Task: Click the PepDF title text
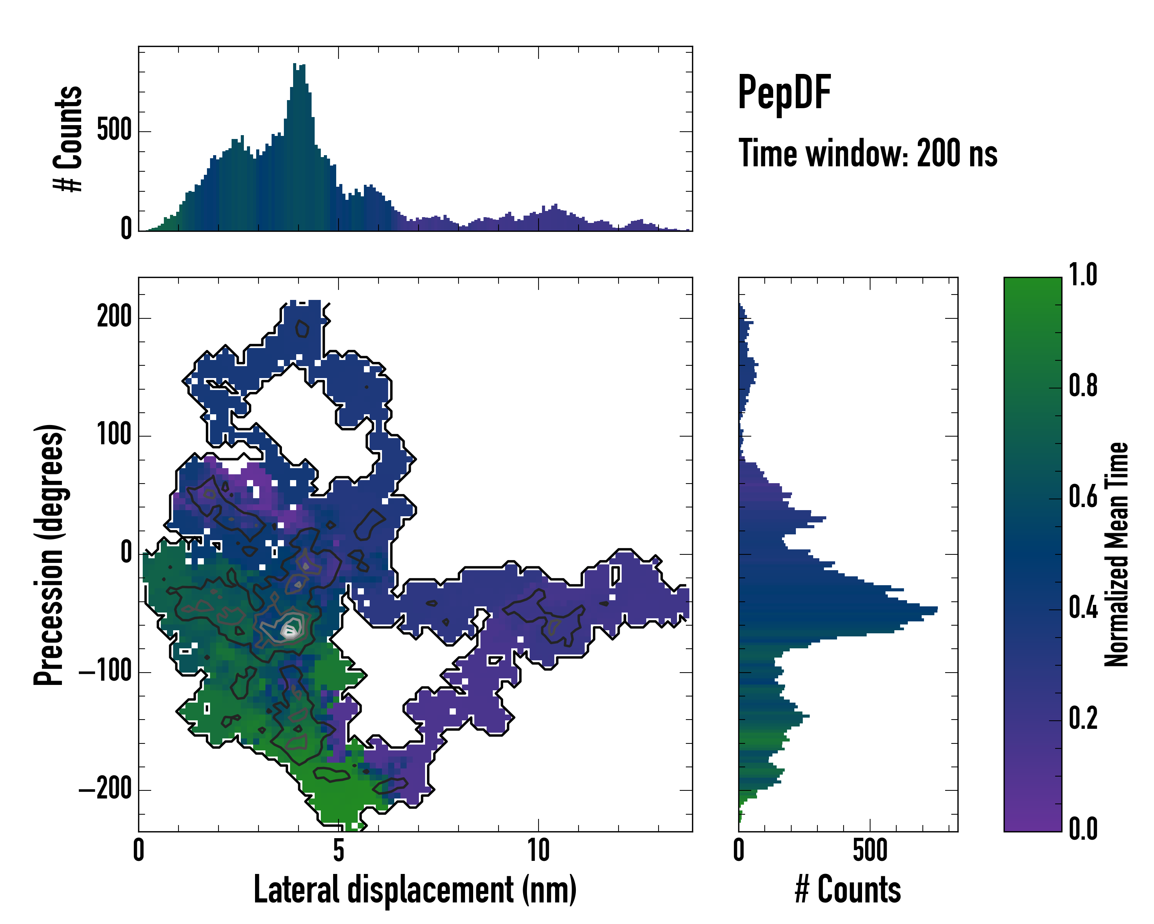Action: pyautogui.click(x=784, y=93)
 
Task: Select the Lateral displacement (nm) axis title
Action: pyautogui.click(x=415, y=890)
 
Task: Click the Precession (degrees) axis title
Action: pyautogui.click(x=49, y=554)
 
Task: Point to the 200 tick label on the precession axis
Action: pyautogui.click(x=114, y=317)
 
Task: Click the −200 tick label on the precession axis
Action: pyautogui.click(x=105, y=790)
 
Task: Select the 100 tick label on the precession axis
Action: pyautogui.click(x=114, y=435)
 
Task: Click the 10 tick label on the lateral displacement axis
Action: pyautogui.click(x=539, y=850)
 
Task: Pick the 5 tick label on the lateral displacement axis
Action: pyautogui.click(x=338, y=850)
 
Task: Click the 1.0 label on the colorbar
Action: pyautogui.click(x=1083, y=275)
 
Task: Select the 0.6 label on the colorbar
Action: pyautogui.click(x=1083, y=497)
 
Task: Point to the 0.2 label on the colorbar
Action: pyautogui.click(x=1083, y=719)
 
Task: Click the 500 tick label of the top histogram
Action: pyautogui.click(x=114, y=130)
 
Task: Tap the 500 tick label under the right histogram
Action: pyautogui.click(x=870, y=850)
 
